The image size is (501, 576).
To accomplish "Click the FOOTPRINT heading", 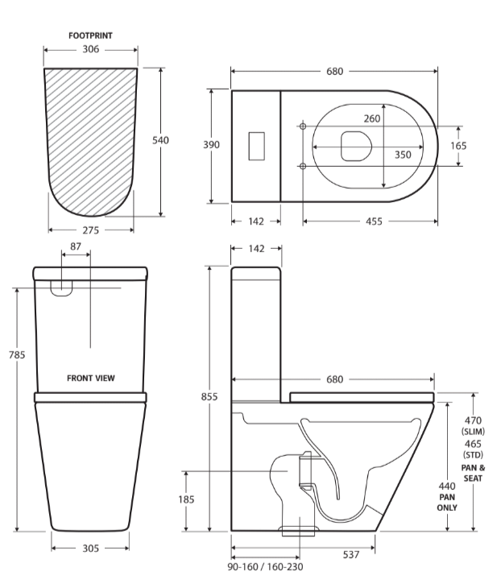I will [x=89, y=36].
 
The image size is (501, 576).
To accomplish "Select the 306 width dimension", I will [x=89, y=50].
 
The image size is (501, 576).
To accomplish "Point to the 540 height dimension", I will [x=161, y=140].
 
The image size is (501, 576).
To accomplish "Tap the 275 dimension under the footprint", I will [x=90, y=230].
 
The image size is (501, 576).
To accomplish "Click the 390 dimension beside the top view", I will [x=211, y=145].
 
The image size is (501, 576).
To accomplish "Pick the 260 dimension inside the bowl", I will [x=372, y=118].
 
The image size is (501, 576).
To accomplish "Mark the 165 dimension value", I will [x=458, y=146].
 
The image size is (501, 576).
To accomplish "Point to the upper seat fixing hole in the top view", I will [x=303, y=126].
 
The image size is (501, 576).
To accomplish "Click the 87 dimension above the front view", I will [x=76, y=246].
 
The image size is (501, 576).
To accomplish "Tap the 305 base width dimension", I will [x=90, y=548].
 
